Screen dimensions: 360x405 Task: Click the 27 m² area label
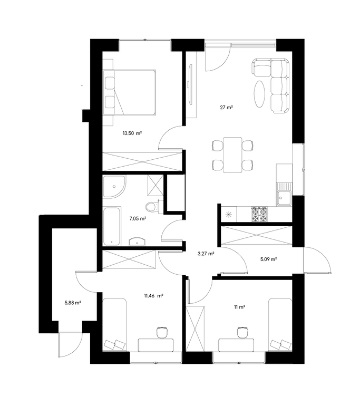[x=227, y=108]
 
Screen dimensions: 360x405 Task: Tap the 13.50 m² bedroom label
[x=132, y=133]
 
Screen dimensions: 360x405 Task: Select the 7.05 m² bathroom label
[x=138, y=218]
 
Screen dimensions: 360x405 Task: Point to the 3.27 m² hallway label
[x=206, y=254]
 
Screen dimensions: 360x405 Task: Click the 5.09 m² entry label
[x=269, y=259]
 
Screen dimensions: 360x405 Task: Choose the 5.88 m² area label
[x=73, y=303]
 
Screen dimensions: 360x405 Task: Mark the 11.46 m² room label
[x=153, y=296]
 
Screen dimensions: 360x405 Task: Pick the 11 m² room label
[x=239, y=307]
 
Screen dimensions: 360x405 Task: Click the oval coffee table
[x=259, y=93]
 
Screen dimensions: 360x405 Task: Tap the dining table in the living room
[x=232, y=155]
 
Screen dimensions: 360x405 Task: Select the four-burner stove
[x=259, y=214]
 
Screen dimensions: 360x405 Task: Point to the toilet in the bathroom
[x=152, y=207]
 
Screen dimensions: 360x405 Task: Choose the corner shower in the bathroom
[x=114, y=186]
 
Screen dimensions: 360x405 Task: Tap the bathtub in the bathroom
[x=112, y=226]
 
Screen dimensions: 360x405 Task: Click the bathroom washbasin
[x=137, y=242]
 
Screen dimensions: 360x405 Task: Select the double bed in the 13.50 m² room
[x=129, y=92]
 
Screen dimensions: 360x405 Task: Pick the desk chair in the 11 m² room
[x=242, y=332]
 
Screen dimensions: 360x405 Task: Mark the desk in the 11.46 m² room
[x=155, y=345]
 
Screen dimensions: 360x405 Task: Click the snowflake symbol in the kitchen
[x=229, y=214]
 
